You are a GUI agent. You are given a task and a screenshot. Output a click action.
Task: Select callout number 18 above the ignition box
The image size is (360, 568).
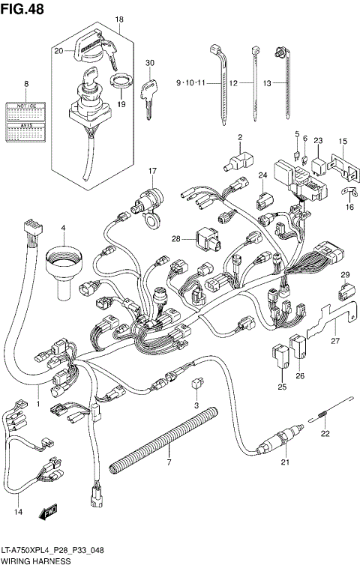tap(118, 19)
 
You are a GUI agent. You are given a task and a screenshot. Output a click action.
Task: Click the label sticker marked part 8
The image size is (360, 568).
tap(25, 121)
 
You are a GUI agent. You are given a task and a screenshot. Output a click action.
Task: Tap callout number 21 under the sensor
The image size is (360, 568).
tap(285, 484)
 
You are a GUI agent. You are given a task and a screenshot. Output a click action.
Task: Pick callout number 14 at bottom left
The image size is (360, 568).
tap(18, 512)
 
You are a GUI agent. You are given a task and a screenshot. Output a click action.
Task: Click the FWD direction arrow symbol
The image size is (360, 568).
tap(49, 511)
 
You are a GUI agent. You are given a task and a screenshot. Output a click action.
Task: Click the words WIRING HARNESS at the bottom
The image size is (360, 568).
tap(35, 561)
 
